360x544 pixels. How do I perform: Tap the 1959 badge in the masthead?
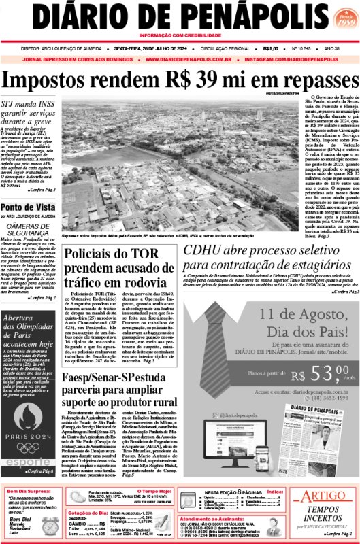pyautogui.click(x=340, y=19)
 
